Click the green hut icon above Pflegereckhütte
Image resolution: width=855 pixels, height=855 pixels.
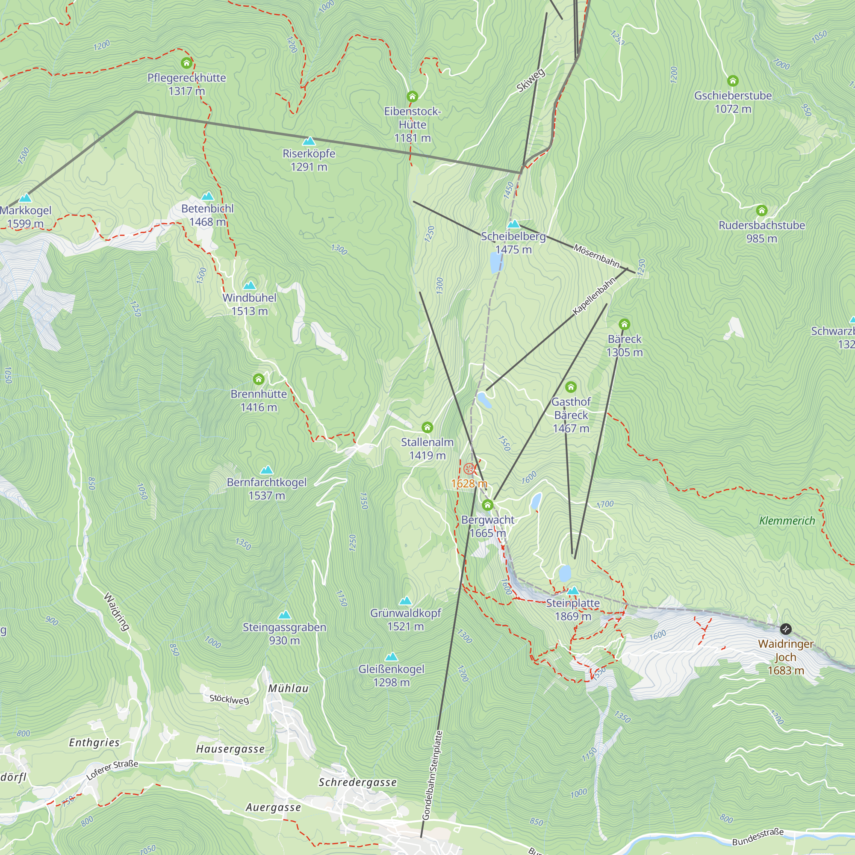pos(186,63)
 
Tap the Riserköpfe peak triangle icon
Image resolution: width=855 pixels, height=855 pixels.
pos(309,142)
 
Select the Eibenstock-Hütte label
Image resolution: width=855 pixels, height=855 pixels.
pos(412,124)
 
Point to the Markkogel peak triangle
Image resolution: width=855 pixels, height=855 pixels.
pos(25,198)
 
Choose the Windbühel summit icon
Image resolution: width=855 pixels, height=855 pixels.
pos(250,286)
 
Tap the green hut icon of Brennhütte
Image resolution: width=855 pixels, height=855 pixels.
pos(259,379)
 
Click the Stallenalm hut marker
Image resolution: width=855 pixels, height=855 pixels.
pos(427,427)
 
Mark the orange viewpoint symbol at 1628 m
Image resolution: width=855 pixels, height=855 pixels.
pos(469,469)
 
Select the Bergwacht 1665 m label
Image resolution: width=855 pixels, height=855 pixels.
pos(488,526)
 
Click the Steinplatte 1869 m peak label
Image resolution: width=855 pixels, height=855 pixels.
pos(573,609)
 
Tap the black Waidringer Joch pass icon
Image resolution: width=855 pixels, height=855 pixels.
pos(785,629)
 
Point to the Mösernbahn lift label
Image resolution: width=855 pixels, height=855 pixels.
pos(596,255)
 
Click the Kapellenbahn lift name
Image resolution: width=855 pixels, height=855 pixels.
pos(594,296)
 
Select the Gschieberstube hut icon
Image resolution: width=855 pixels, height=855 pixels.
pos(733,81)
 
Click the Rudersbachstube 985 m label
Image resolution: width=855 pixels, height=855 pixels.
pos(761,231)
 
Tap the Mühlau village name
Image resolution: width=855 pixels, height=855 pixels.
pos(288,688)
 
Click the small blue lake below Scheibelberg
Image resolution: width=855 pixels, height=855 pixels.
pos(496,263)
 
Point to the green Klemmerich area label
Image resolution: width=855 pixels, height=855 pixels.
pos(787,521)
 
